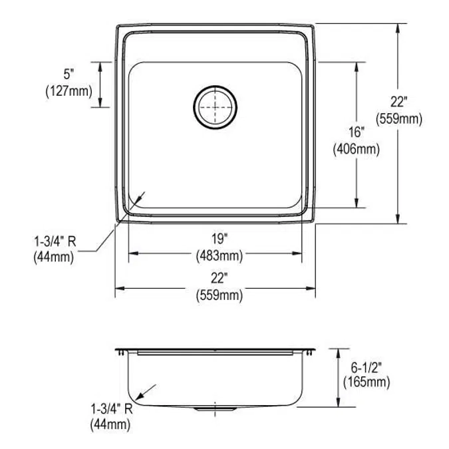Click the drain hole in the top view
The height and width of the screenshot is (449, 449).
tap(215, 106)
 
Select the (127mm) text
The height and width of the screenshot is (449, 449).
tap(69, 92)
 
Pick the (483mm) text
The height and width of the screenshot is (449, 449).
tap(218, 255)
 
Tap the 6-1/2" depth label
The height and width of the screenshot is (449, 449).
tap(367, 367)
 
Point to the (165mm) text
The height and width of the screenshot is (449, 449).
tap(367, 382)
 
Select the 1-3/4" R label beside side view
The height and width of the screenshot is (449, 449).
tap(111, 409)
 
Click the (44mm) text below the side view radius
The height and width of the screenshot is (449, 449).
tap(110, 424)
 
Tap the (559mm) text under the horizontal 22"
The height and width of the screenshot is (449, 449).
tap(218, 295)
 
